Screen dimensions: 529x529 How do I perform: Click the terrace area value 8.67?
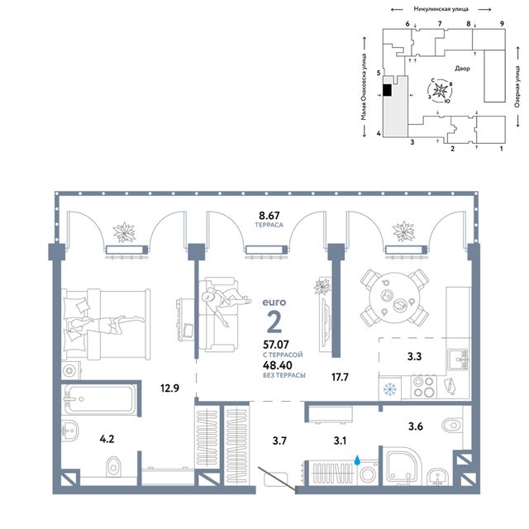269,215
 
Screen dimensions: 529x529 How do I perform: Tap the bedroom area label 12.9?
169,388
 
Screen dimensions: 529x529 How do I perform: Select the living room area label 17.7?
340,377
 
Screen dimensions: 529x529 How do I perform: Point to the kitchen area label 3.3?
414,356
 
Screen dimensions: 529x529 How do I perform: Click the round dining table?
395,298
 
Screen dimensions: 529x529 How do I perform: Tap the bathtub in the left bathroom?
100,398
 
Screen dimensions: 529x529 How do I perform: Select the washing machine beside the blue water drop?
368,474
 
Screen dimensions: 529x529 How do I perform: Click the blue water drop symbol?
357,460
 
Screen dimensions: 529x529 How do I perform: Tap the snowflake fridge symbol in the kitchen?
390,389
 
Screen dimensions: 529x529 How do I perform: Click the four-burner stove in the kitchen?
424,388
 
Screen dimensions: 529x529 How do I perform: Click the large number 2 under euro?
274,322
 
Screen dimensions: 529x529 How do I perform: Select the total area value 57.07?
276,345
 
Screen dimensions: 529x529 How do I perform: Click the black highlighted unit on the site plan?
388,90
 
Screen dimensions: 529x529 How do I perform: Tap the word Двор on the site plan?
462,69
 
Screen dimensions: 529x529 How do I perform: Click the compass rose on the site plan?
440,90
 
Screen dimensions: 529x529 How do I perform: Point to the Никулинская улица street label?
441,9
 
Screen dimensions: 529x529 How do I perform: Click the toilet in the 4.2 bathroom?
113,466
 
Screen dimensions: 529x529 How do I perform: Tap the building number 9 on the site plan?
502,24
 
